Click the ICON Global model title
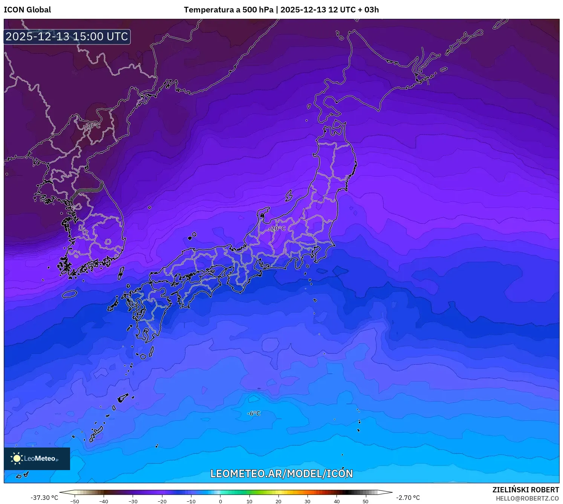27,10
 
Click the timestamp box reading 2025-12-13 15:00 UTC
67,37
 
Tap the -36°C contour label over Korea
92,125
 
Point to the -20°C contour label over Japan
277,229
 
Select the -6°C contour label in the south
254,413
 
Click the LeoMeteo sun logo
17,458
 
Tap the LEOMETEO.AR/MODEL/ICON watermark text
281,473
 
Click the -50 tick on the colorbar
75,501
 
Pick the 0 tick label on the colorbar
220,501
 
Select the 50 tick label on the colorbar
366,501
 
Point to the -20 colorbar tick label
162,501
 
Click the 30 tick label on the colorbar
308,501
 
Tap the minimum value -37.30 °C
44,498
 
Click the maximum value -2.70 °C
408,498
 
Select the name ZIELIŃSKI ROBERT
526,490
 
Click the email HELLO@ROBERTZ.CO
527,498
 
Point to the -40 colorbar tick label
104,501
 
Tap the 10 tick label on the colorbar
249,501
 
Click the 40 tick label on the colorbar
337,501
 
